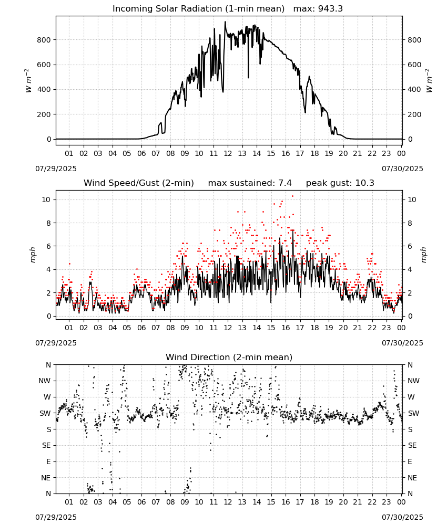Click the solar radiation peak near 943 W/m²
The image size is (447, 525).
pyautogui.click(x=226, y=22)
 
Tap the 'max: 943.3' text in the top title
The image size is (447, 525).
pyautogui.click(x=318, y=9)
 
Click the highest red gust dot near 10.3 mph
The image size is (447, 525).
pyautogui.click(x=292, y=196)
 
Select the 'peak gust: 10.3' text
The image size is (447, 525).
pyautogui.click(x=340, y=183)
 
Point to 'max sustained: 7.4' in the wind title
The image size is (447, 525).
pyautogui.click(x=250, y=183)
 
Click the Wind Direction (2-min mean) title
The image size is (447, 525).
pyautogui.click(x=229, y=357)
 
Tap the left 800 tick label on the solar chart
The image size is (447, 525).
pyautogui.click(x=44, y=40)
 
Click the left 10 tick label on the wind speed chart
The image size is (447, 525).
pyautogui.click(x=46, y=199)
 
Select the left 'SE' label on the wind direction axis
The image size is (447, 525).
pyautogui.click(x=46, y=445)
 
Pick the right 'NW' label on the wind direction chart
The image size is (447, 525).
pyautogui.click(x=413, y=381)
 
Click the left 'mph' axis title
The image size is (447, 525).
pyautogui.click(x=33, y=255)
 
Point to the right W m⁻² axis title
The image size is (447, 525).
pyautogui.click(x=429, y=81)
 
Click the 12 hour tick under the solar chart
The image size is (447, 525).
pyautogui.click(x=228, y=153)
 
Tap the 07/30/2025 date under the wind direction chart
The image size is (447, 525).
pyautogui.click(x=402, y=517)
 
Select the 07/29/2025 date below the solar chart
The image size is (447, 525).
pyautogui.click(x=56, y=169)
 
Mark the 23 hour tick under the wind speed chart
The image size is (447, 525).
pyautogui.click(x=387, y=328)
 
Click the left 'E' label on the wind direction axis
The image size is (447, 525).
pyautogui.click(x=48, y=461)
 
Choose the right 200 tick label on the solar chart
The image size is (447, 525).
pyautogui.click(x=414, y=114)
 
